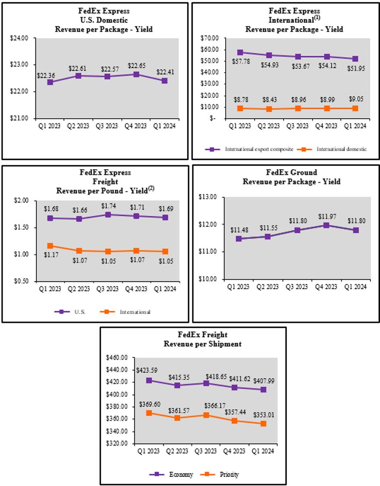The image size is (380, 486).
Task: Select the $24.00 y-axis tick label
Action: click(x=19, y=38)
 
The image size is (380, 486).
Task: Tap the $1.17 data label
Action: click(x=50, y=254)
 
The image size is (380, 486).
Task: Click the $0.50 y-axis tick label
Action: click(x=21, y=281)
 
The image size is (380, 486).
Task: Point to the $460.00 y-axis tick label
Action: click(x=118, y=358)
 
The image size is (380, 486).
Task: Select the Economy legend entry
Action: click(x=181, y=474)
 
